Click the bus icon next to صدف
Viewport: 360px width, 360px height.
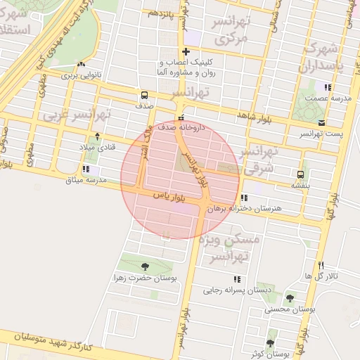pyautogui.click(x=144, y=95)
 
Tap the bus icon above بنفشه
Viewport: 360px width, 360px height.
pyautogui.click(x=301, y=174)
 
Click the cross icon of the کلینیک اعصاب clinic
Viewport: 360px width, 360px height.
pyautogui.click(x=186, y=51)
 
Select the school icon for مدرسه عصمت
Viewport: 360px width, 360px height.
pyautogui.click(x=328, y=87)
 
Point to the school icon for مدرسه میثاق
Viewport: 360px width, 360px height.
pyautogui.click(x=85, y=169)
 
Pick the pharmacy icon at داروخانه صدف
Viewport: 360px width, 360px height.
pyautogui.click(x=181, y=118)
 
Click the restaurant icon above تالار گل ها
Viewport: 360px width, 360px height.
pyautogui.click(x=321, y=265)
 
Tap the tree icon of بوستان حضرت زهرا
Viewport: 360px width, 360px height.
pyautogui.click(x=145, y=266)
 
